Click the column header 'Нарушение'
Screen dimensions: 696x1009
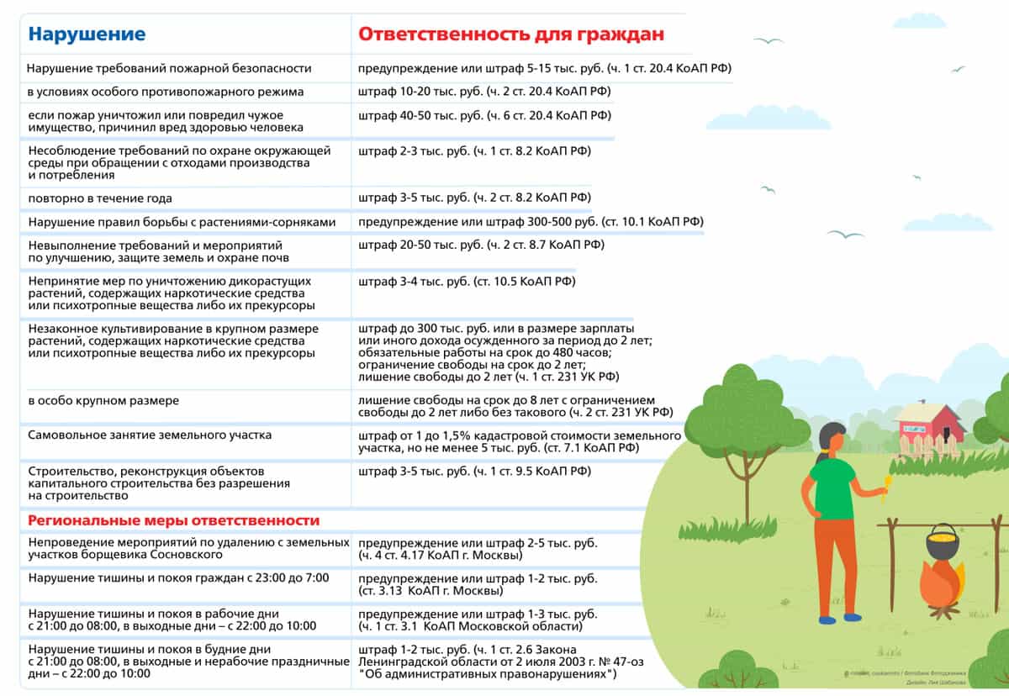(x=87, y=34)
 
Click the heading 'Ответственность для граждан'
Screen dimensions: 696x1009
(x=511, y=34)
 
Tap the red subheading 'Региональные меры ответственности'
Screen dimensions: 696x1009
(x=174, y=520)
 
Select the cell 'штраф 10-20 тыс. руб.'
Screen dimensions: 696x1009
(x=484, y=92)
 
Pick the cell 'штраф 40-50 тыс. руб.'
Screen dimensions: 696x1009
(x=484, y=115)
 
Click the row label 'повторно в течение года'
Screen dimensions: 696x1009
(x=100, y=198)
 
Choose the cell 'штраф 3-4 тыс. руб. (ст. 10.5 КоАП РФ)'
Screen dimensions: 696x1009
(x=467, y=282)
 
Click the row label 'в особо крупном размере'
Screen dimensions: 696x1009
(x=103, y=401)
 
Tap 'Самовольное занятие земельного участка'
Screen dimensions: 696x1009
(x=150, y=435)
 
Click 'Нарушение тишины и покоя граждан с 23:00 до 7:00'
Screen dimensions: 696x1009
(x=178, y=578)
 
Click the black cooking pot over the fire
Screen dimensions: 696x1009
(x=942, y=542)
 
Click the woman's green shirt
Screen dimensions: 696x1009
(x=832, y=488)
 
